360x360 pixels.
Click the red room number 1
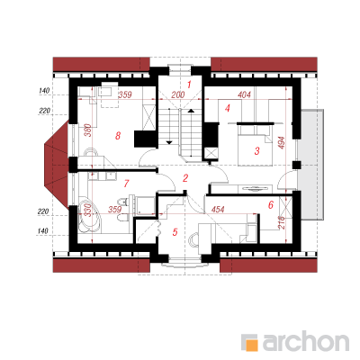[x=189, y=85]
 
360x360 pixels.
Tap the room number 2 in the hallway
[x=185, y=178]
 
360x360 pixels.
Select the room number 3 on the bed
[x=256, y=151]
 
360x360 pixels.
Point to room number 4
[x=228, y=108]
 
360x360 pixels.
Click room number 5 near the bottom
[x=175, y=231]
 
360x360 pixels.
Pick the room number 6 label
[x=271, y=205]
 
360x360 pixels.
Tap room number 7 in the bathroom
[x=126, y=184]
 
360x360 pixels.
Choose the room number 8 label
[x=118, y=136]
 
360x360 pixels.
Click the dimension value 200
[x=178, y=95]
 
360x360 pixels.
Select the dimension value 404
[x=244, y=95]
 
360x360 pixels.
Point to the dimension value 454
[x=217, y=210]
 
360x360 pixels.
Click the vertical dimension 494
[x=282, y=143]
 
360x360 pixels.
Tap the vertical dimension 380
[x=87, y=130]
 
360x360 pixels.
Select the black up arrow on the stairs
[x=191, y=111]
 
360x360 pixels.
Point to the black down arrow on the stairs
[x=169, y=141]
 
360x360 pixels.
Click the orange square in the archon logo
[x=251, y=345]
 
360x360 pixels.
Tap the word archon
[x=306, y=340]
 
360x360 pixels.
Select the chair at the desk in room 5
[x=193, y=239]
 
